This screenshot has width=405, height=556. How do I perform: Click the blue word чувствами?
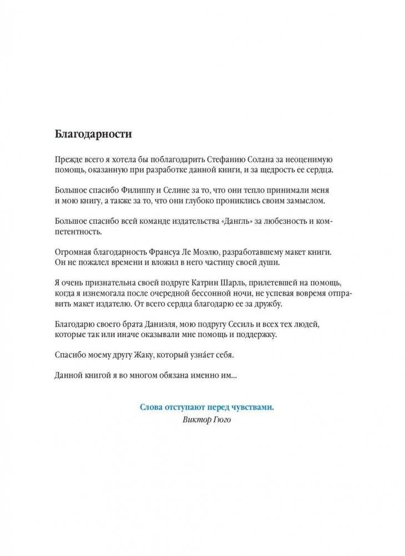(x=254, y=407)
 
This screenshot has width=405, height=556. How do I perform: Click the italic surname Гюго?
(x=222, y=419)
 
